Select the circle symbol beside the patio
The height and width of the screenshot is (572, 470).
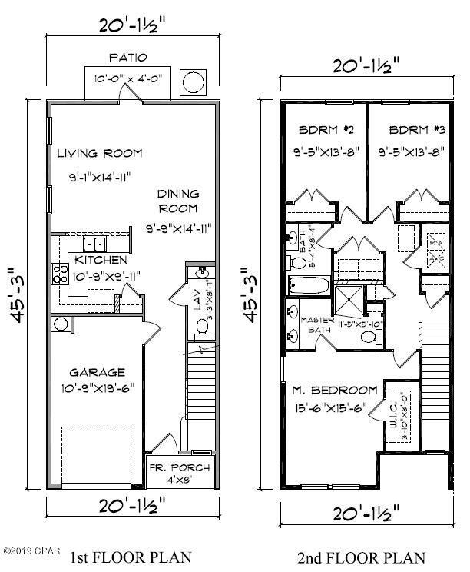pyautogui.click(x=191, y=81)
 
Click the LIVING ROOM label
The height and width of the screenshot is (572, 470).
pyautogui.click(x=99, y=153)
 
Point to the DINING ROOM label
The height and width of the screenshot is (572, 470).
pyautogui.click(x=178, y=201)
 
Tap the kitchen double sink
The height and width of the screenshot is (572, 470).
pyautogui.click(x=95, y=244)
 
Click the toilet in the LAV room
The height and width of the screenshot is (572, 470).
pyautogui.click(x=202, y=327)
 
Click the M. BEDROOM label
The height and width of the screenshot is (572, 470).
pyautogui.click(x=335, y=390)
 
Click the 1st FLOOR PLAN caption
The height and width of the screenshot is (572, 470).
pyautogui.click(x=131, y=557)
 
